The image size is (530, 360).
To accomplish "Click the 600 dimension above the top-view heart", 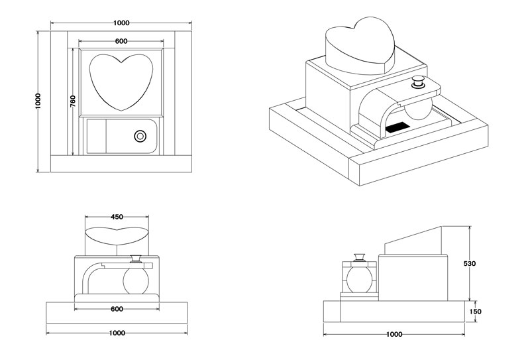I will [x=121, y=41].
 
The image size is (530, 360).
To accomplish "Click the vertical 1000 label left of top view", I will [x=38, y=101].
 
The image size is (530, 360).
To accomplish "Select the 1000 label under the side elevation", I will [x=394, y=334].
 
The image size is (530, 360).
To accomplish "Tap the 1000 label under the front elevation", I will [x=117, y=333].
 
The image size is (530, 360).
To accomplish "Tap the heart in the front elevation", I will [x=117, y=235].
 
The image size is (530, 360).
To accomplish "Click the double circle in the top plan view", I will [x=140, y=136].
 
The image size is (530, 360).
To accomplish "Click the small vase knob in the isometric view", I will [x=419, y=82].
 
